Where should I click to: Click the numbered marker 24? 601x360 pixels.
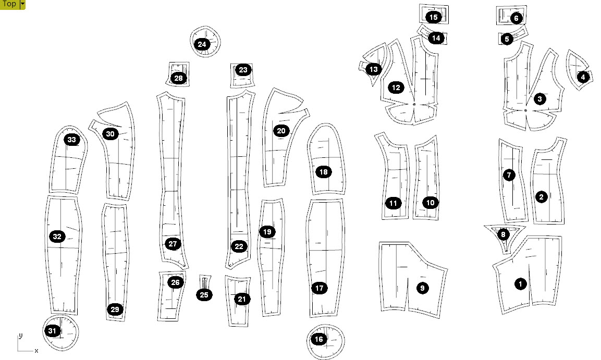tap(202, 44)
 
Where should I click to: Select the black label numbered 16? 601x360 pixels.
tap(319, 339)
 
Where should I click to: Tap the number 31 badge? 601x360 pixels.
tap(52, 331)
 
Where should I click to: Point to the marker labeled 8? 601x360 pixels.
tap(503, 234)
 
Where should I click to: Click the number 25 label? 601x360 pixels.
tap(204, 295)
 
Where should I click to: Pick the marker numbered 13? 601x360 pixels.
tap(374, 69)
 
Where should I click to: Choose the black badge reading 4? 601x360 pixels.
tap(583, 77)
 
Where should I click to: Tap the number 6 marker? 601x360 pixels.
tap(516, 18)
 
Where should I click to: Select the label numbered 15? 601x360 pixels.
tap(434, 17)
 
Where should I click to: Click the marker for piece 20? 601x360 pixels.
tap(281, 131)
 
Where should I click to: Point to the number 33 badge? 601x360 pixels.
tap(72, 140)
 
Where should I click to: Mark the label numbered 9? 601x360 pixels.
tap(422, 288)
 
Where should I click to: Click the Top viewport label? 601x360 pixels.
tap(9, 4)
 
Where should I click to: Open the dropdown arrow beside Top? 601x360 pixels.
tap(22, 4)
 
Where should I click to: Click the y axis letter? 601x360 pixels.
tap(20, 336)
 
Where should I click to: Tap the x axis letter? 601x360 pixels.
tap(36, 351)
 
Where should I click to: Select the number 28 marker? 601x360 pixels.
tap(179, 79)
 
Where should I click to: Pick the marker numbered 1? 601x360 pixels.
tap(520, 284)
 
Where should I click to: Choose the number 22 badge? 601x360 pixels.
tap(239, 246)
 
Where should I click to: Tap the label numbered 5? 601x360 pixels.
tap(507, 39)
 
